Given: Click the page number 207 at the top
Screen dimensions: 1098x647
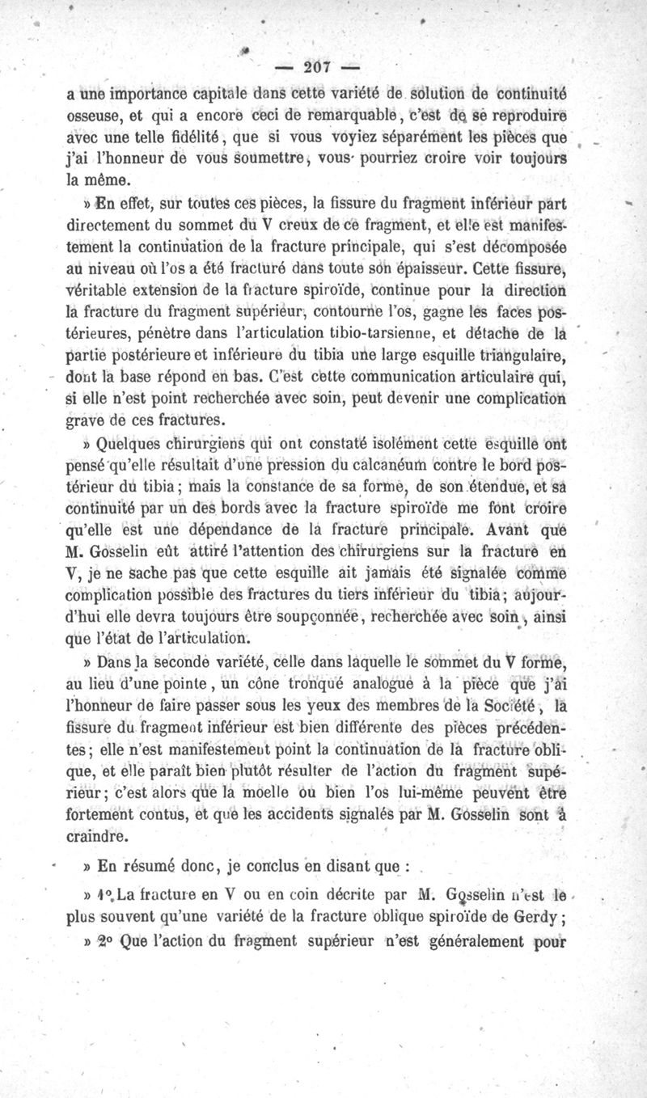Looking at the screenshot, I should (x=323, y=70).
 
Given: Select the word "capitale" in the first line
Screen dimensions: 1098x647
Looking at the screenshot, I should (x=240, y=94).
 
